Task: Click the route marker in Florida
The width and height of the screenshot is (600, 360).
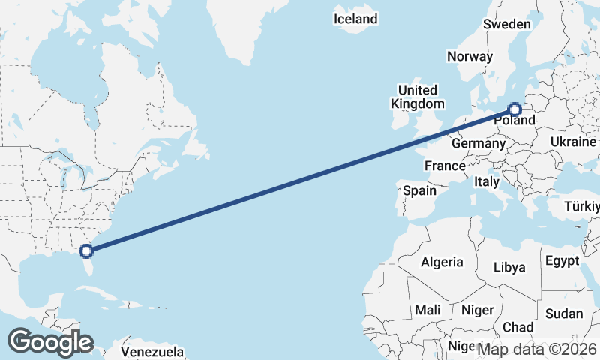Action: pos(86,250)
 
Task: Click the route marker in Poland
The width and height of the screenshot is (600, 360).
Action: pos(514,109)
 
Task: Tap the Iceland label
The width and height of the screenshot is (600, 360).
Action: pos(355,19)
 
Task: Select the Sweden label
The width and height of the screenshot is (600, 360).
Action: pos(506,24)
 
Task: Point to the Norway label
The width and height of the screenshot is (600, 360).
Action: pos(469,56)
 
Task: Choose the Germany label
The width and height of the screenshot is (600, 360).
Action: pos(478,143)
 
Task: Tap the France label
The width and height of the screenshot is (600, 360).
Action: pos(445,165)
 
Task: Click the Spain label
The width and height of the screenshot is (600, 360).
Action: pos(419,190)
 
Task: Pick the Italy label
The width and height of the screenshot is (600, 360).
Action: pos(486,181)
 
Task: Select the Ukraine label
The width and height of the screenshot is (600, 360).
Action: pos(574,142)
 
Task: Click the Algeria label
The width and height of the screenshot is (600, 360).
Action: pos(442,262)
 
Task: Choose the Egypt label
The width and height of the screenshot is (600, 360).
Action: pos(562,261)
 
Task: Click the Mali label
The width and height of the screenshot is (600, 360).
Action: pos(427,310)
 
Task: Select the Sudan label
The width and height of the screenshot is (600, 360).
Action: pos(563,313)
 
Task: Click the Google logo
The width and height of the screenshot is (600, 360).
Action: pos(50,342)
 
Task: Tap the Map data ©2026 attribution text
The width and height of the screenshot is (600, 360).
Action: pos(537,348)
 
